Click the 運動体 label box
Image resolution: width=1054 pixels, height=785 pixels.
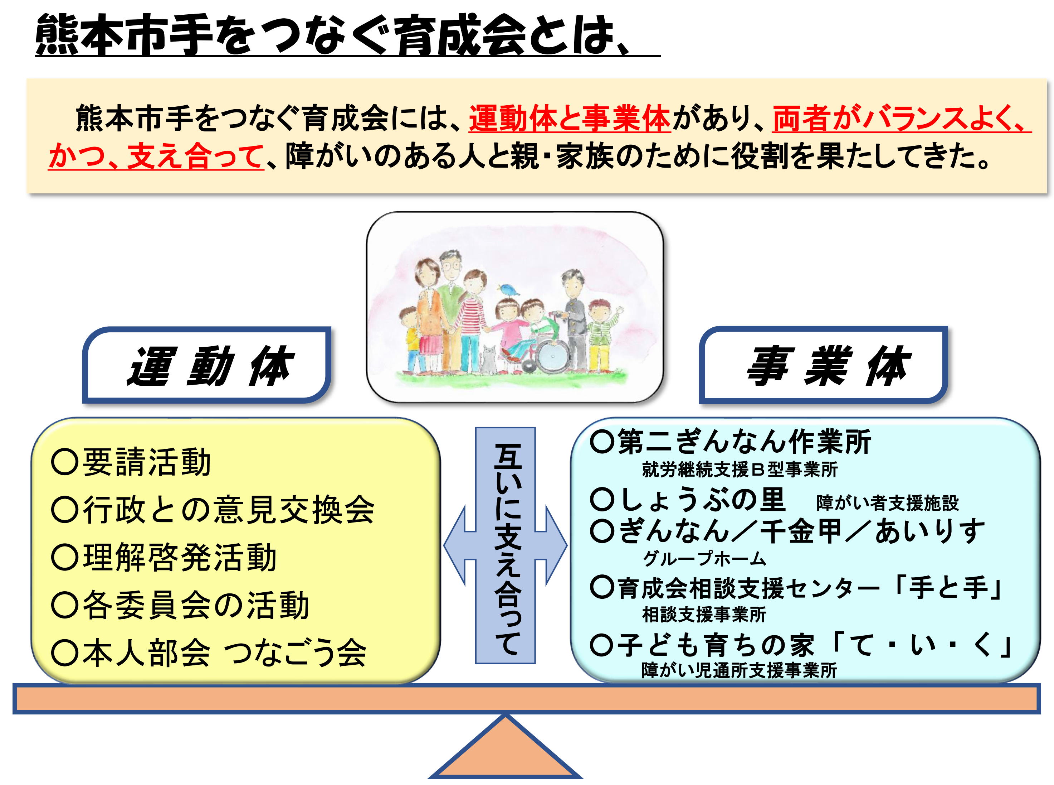(x=206, y=365)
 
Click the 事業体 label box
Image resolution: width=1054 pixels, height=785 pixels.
(x=823, y=365)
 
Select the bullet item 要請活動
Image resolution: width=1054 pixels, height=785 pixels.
(x=131, y=462)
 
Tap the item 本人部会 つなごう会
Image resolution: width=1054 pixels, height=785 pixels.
(x=209, y=653)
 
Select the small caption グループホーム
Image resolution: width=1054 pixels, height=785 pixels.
(x=704, y=559)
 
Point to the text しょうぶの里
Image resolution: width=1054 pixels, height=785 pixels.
(x=688, y=500)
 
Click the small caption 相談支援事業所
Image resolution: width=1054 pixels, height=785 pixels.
(x=704, y=615)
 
